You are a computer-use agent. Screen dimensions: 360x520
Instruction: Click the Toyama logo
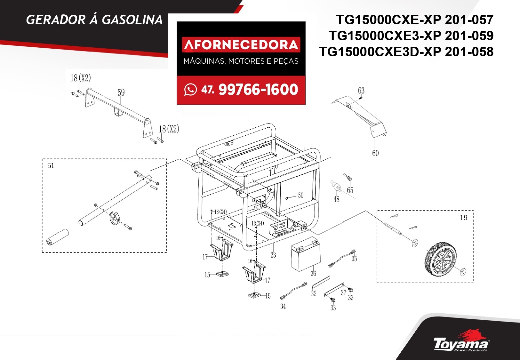tap(461, 344)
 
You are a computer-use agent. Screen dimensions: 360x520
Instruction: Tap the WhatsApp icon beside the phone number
tap(190, 90)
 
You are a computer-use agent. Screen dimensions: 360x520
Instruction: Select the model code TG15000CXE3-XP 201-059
tap(411, 36)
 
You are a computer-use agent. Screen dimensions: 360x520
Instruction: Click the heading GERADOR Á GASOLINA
tap(94, 20)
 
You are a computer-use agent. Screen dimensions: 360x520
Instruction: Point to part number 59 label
tap(121, 93)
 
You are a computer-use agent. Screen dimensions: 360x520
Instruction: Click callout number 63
tap(361, 91)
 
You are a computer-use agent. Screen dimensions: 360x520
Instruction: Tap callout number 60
tap(375, 153)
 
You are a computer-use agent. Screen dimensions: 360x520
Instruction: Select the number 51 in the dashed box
tap(51, 165)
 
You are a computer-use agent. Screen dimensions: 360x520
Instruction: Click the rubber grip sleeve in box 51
tap(58, 237)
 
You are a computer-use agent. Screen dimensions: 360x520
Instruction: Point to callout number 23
tap(273, 255)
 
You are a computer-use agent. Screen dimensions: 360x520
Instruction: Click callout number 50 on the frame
tap(300, 195)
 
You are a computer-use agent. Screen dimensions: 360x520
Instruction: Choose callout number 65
tap(350, 190)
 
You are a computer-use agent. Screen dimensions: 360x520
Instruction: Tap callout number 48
tap(336, 199)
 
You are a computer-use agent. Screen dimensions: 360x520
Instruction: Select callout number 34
tap(283, 306)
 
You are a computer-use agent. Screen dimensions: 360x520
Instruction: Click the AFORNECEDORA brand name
tap(241, 45)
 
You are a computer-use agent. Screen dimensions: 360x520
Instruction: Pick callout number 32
tap(314, 293)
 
